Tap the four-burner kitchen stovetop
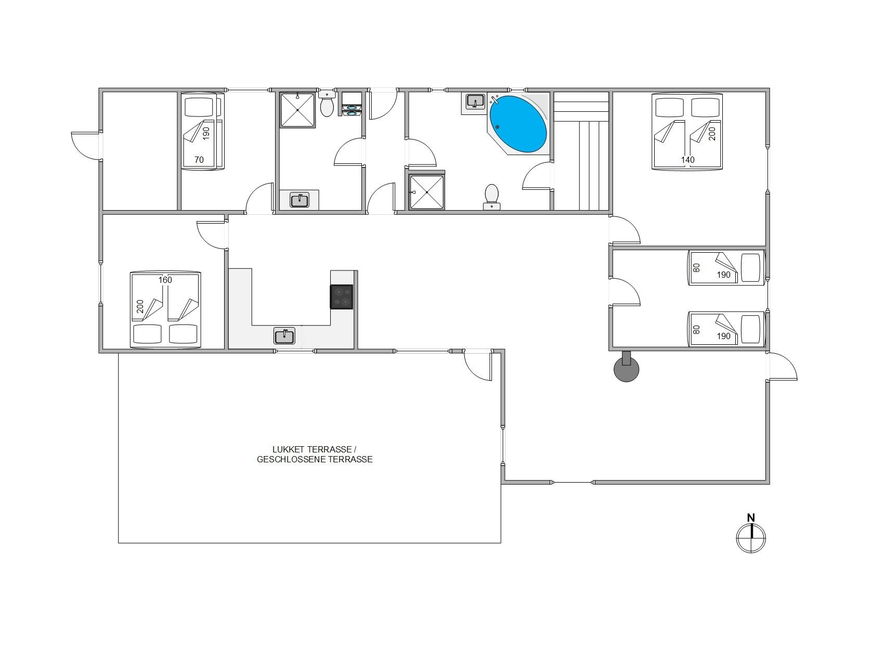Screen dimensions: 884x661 click(x=342, y=297)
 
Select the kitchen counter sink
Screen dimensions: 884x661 click(x=284, y=336)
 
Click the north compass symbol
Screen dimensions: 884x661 click(x=751, y=538)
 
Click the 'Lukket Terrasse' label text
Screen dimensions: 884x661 click(x=314, y=449)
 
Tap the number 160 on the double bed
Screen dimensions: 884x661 click(x=165, y=280)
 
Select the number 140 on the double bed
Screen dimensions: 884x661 click(x=688, y=160)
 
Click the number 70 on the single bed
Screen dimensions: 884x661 click(x=199, y=160)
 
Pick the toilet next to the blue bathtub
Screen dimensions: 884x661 click(x=491, y=197)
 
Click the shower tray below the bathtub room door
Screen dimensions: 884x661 click(x=427, y=192)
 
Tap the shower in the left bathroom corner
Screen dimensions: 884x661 click(x=298, y=110)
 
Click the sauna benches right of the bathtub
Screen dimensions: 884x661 click(x=581, y=151)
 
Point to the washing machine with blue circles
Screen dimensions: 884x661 click(x=352, y=104)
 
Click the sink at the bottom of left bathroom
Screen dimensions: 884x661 click(x=300, y=200)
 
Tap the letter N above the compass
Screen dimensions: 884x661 click(x=751, y=517)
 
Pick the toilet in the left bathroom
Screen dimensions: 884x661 click(x=327, y=104)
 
